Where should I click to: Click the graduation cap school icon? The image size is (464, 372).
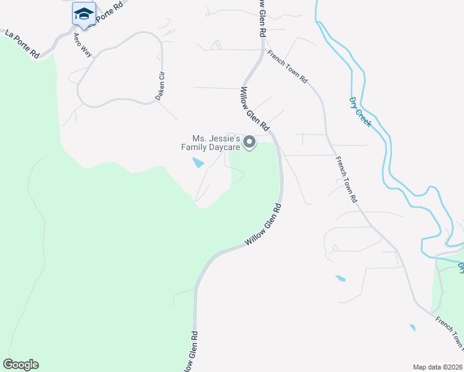point(84,14)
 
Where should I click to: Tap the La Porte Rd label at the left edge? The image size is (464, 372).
point(22,44)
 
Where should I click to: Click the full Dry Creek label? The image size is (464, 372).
point(360,112)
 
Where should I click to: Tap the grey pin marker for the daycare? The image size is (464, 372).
point(249,143)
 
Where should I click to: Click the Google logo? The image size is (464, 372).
point(20,365)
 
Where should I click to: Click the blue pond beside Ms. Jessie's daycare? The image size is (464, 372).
point(197,163)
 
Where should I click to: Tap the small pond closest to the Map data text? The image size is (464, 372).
point(412,327)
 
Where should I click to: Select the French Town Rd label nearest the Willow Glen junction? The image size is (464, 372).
point(288,67)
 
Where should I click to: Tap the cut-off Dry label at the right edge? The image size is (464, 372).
point(460,267)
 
